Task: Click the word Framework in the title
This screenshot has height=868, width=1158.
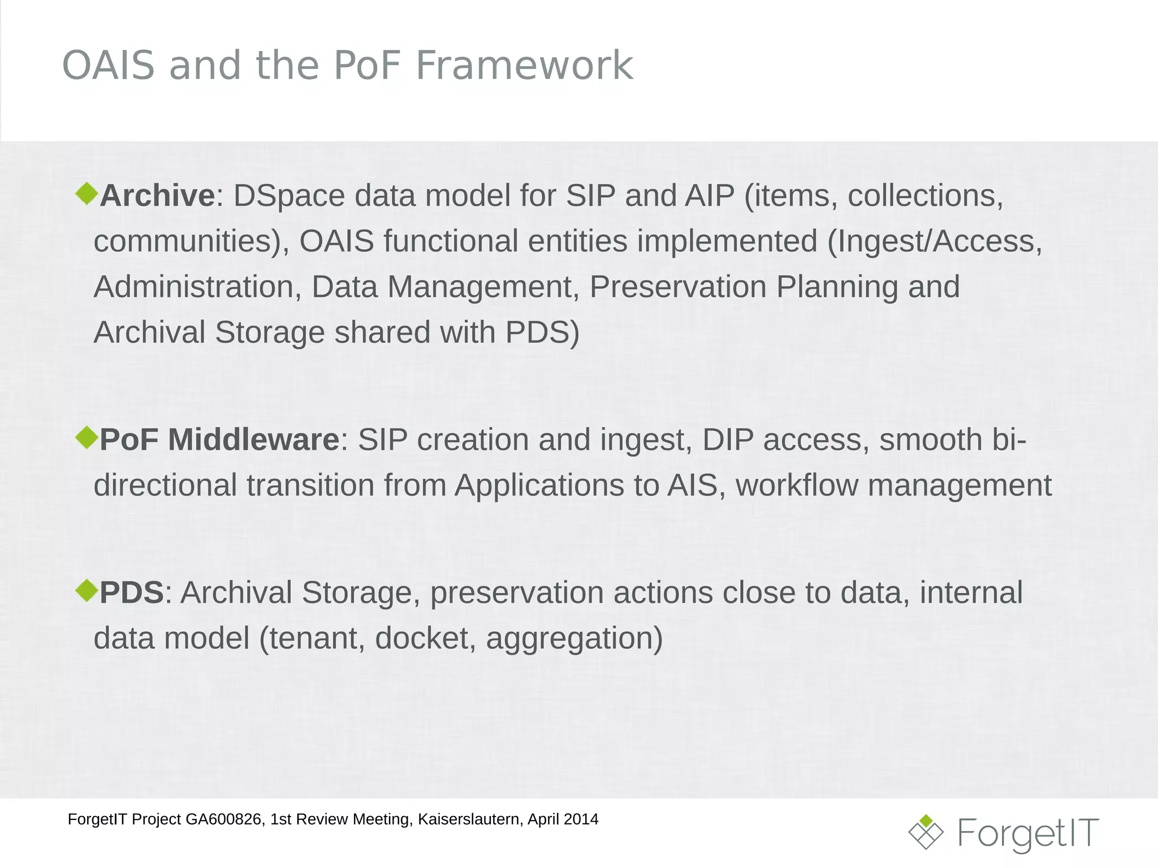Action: (x=524, y=66)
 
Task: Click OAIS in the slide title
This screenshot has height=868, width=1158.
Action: (x=108, y=66)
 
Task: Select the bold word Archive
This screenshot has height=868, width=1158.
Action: (x=157, y=196)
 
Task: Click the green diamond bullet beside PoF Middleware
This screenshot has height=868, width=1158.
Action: (x=87, y=437)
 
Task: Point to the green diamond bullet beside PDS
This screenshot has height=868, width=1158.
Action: (x=87, y=590)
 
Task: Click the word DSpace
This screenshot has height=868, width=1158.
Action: (x=289, y=196)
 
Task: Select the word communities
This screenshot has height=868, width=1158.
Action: (x=186, y=241)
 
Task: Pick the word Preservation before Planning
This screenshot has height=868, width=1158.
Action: (x=679, y=287)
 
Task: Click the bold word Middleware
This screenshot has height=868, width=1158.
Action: (x=253, y=440)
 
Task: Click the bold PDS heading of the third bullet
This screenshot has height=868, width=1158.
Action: (x=132, y=593)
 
